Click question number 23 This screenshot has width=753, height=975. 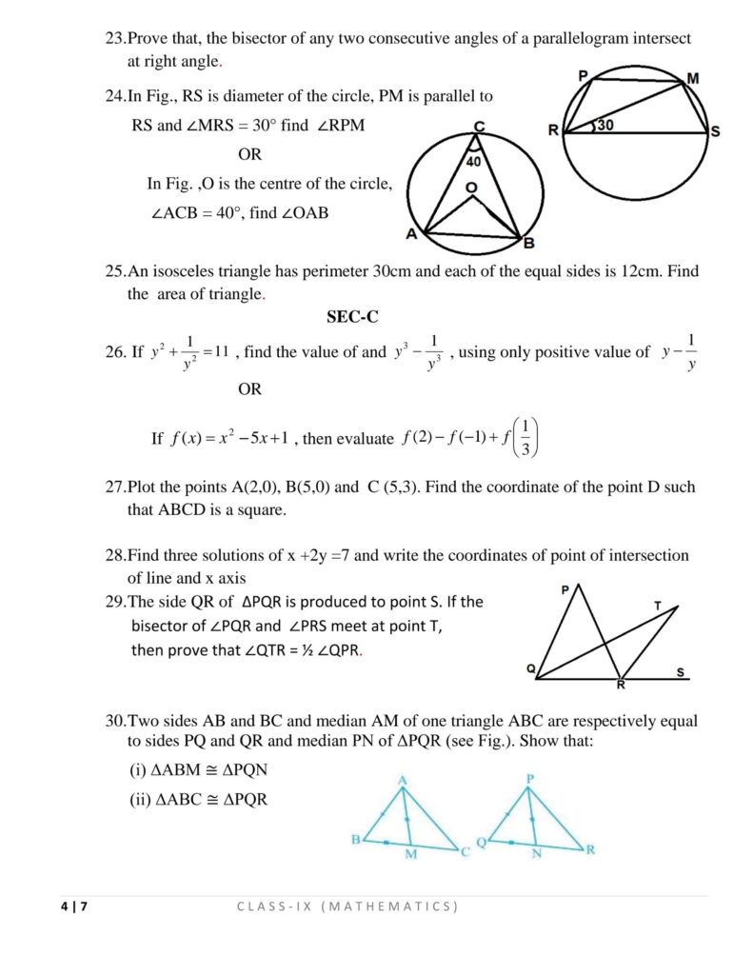(115, 39)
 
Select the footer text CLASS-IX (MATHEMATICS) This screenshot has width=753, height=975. (347, 906)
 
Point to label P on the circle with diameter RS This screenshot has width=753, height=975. (583, 74)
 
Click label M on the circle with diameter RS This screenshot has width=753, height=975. (692, 79)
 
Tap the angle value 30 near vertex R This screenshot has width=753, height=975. (606, 125)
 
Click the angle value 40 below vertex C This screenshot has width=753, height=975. (473, 163)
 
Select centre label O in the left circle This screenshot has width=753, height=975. (470, 189)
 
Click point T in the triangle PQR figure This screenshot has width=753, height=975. (658, 606)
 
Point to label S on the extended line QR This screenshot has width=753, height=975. (681, 672)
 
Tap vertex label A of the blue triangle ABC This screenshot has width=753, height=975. (403, 781)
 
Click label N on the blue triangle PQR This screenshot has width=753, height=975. (536, 853)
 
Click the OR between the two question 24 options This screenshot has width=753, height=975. (249, 154)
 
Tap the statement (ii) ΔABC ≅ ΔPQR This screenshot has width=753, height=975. (198, 800)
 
